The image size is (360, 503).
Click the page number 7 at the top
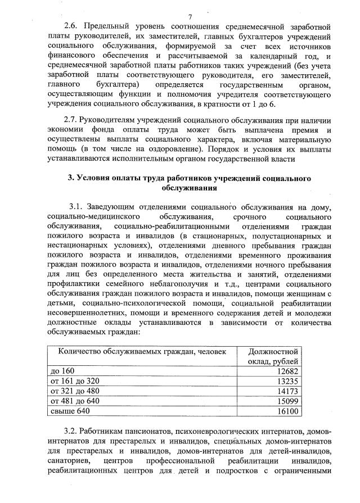tap(190, 17)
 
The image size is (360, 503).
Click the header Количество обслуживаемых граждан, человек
tap(138, 351)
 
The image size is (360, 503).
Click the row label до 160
tap(62, 371)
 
